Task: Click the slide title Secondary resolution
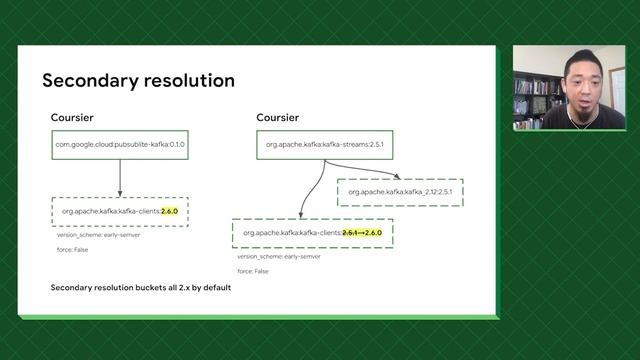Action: click(x=138, y=80)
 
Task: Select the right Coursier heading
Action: click(x=277, y=118)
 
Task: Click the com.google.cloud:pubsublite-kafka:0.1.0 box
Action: click(x=120, y=145)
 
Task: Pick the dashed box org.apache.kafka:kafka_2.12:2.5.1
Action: click(x=400, y=191)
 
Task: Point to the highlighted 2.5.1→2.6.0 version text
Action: click(x=361, y=233)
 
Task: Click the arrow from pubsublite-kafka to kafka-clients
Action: click(x=120, y=178)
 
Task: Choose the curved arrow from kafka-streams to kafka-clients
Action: click(x=310, y=190)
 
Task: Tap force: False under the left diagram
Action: click(x=72, y=248)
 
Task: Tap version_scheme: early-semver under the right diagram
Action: click(x=272, y=256)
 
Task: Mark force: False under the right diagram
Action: click(x=252, y=270)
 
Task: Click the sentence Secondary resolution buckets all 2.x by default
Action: click(x=141, y=287)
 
